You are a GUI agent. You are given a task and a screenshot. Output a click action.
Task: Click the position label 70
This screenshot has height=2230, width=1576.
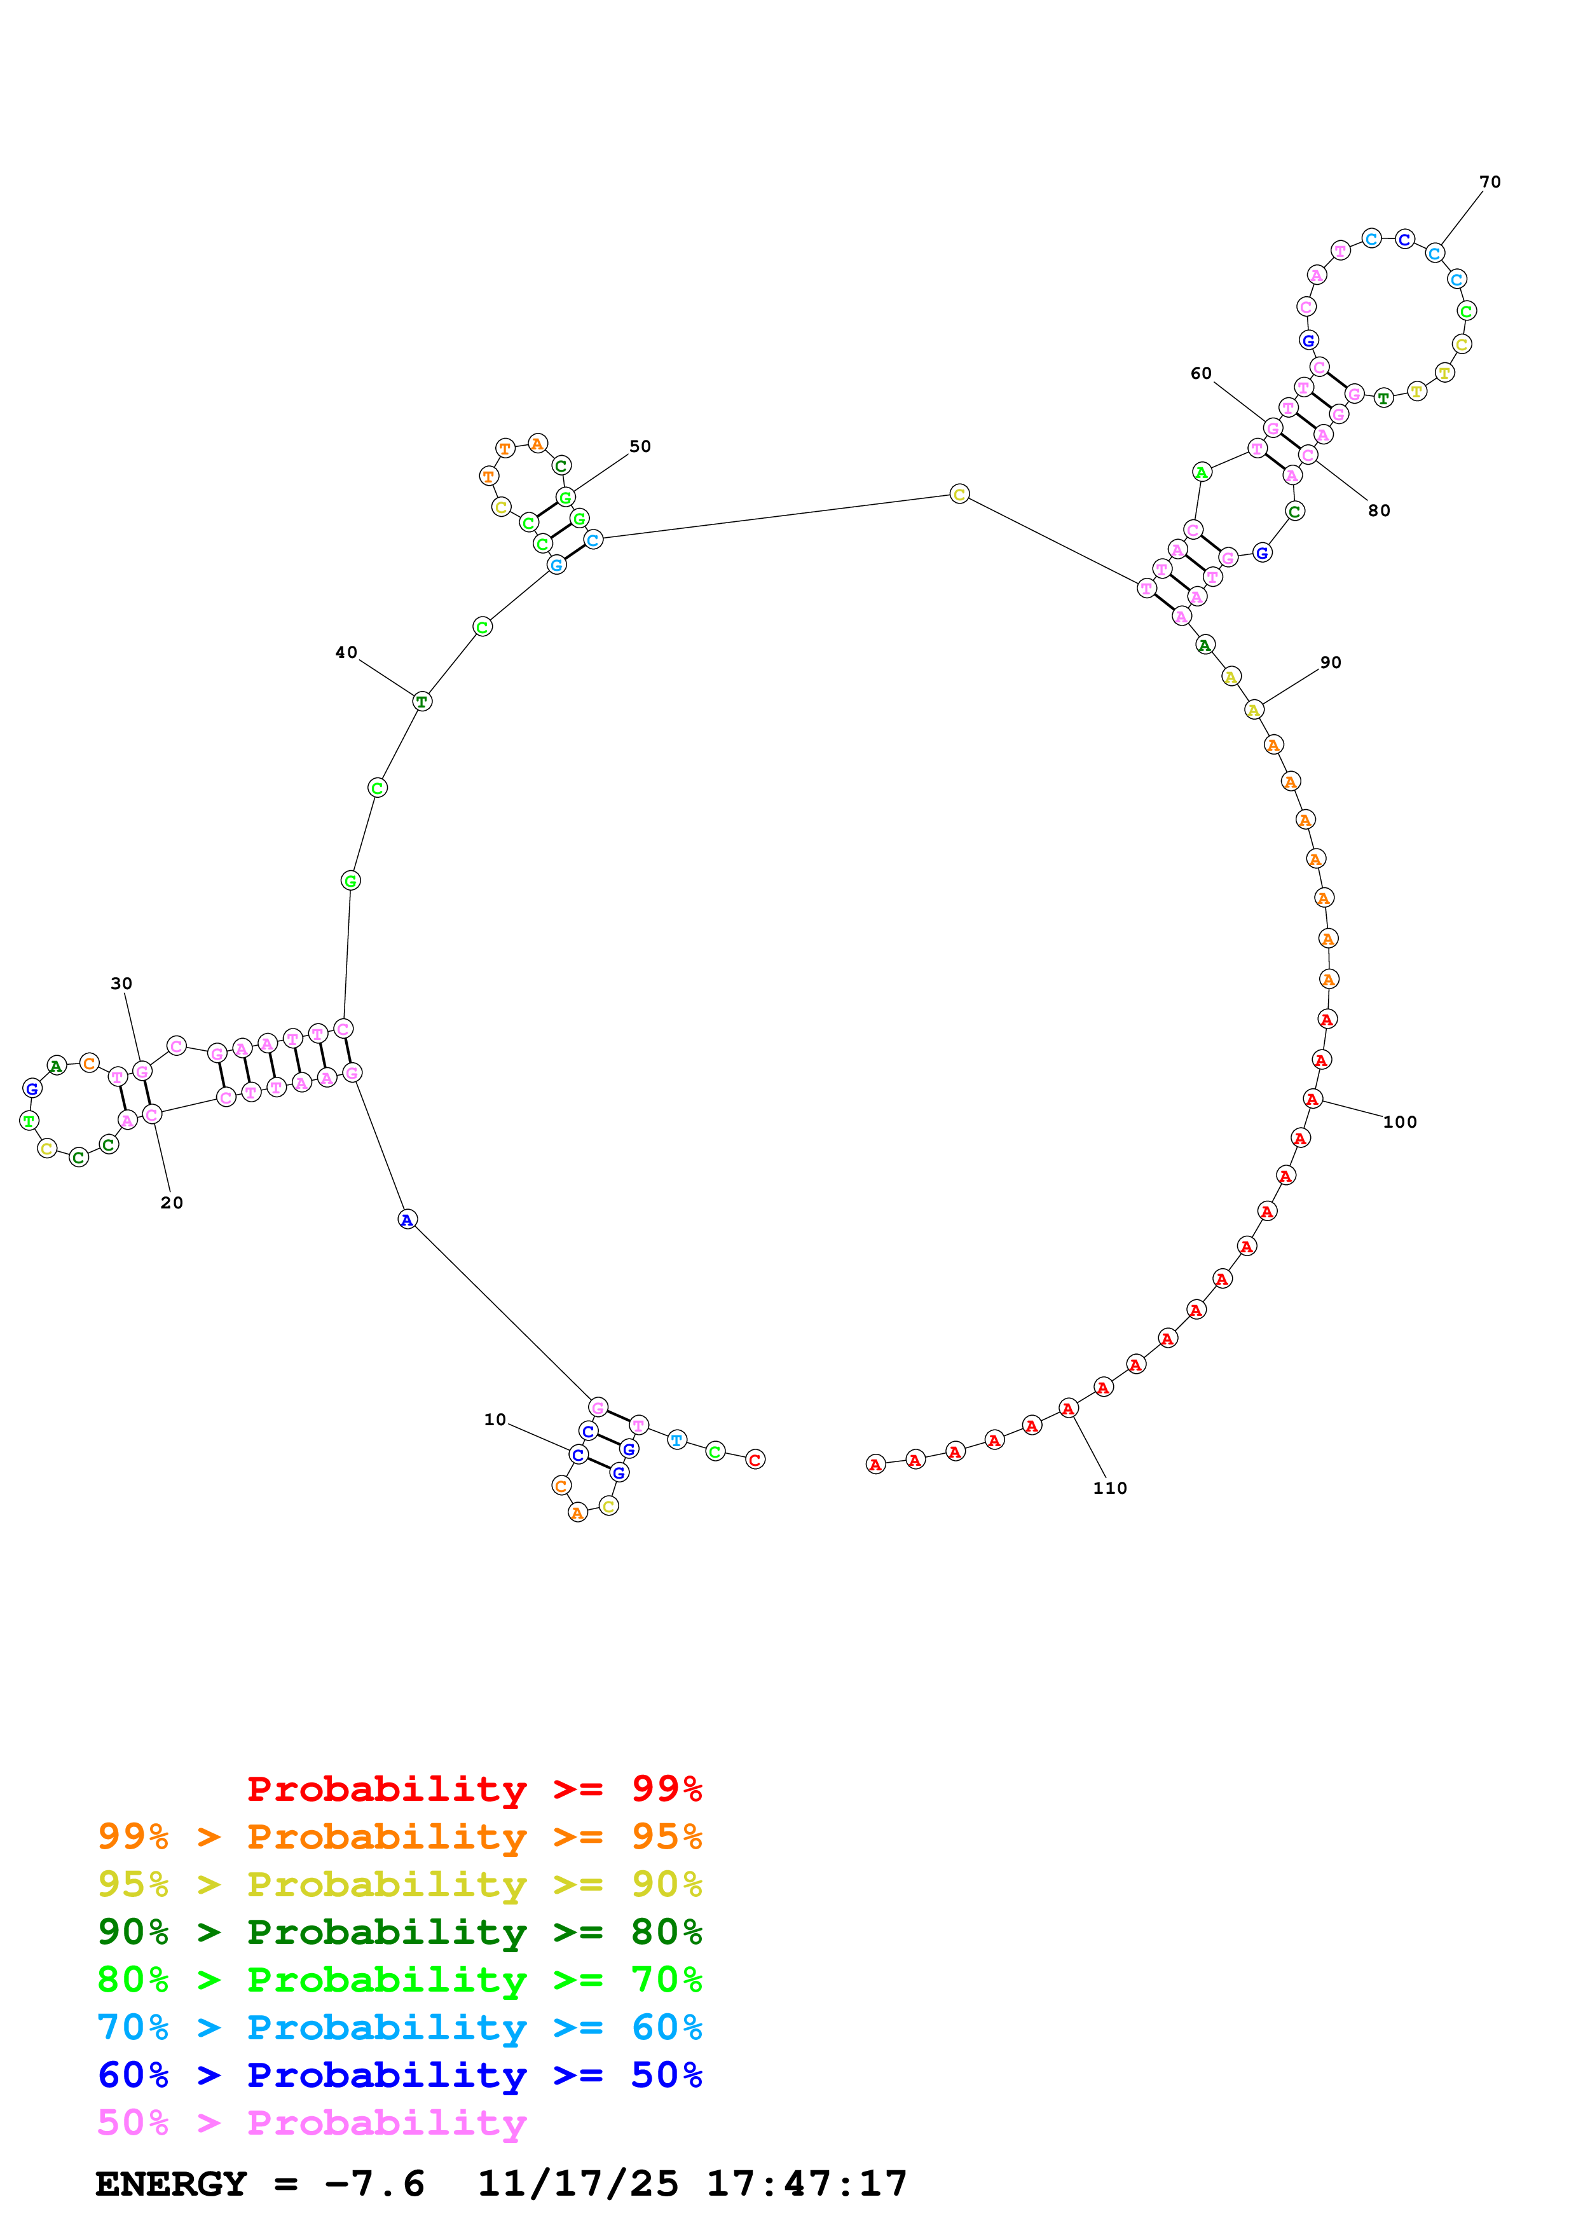(x=1489, y=182)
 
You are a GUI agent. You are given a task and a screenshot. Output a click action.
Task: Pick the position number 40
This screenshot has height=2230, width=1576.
(x=346, y=653)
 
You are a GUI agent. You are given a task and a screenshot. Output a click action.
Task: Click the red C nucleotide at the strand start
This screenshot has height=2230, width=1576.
(x=755, y=1460)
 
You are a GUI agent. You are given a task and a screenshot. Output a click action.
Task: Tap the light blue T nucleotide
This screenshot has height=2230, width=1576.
(x=677, y=1440)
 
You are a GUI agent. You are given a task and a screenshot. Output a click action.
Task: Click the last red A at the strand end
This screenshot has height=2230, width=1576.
(x=875, y=1465)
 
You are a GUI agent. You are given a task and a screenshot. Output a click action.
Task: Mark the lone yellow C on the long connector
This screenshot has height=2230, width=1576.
(x=959, y=495)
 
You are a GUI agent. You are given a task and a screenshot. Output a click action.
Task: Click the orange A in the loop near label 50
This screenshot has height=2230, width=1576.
(x=538, y=444)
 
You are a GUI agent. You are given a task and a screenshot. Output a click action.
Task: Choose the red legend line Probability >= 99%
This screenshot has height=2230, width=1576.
(x=474, y=1789)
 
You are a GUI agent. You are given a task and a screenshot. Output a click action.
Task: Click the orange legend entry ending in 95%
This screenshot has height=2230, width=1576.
(x=399, y=1837)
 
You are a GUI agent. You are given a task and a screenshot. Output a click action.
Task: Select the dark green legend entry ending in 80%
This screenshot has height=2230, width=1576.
(x=399, y=1932)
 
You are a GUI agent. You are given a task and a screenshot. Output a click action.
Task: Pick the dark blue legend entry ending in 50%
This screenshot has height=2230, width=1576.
(x=399, y=2075)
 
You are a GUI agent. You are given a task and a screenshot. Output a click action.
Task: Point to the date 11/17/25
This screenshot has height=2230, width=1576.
(x=578, y=2184)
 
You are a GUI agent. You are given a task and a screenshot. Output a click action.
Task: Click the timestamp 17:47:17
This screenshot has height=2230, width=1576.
(x=806, y=2184)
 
